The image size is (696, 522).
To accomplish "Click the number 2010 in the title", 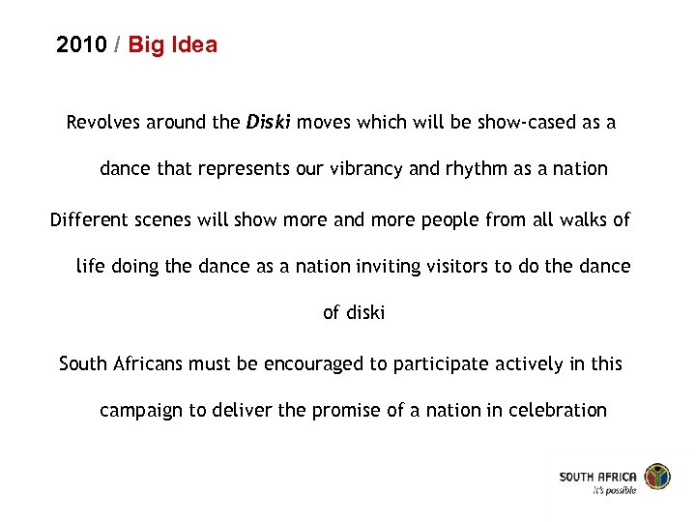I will click(81, 44).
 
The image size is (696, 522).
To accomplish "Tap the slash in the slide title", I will click(117, 44).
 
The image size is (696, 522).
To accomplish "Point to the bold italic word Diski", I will click(269, 123).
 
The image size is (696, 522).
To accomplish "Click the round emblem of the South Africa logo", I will click(657, 478).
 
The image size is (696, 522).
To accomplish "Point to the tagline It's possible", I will click(614, 490).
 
